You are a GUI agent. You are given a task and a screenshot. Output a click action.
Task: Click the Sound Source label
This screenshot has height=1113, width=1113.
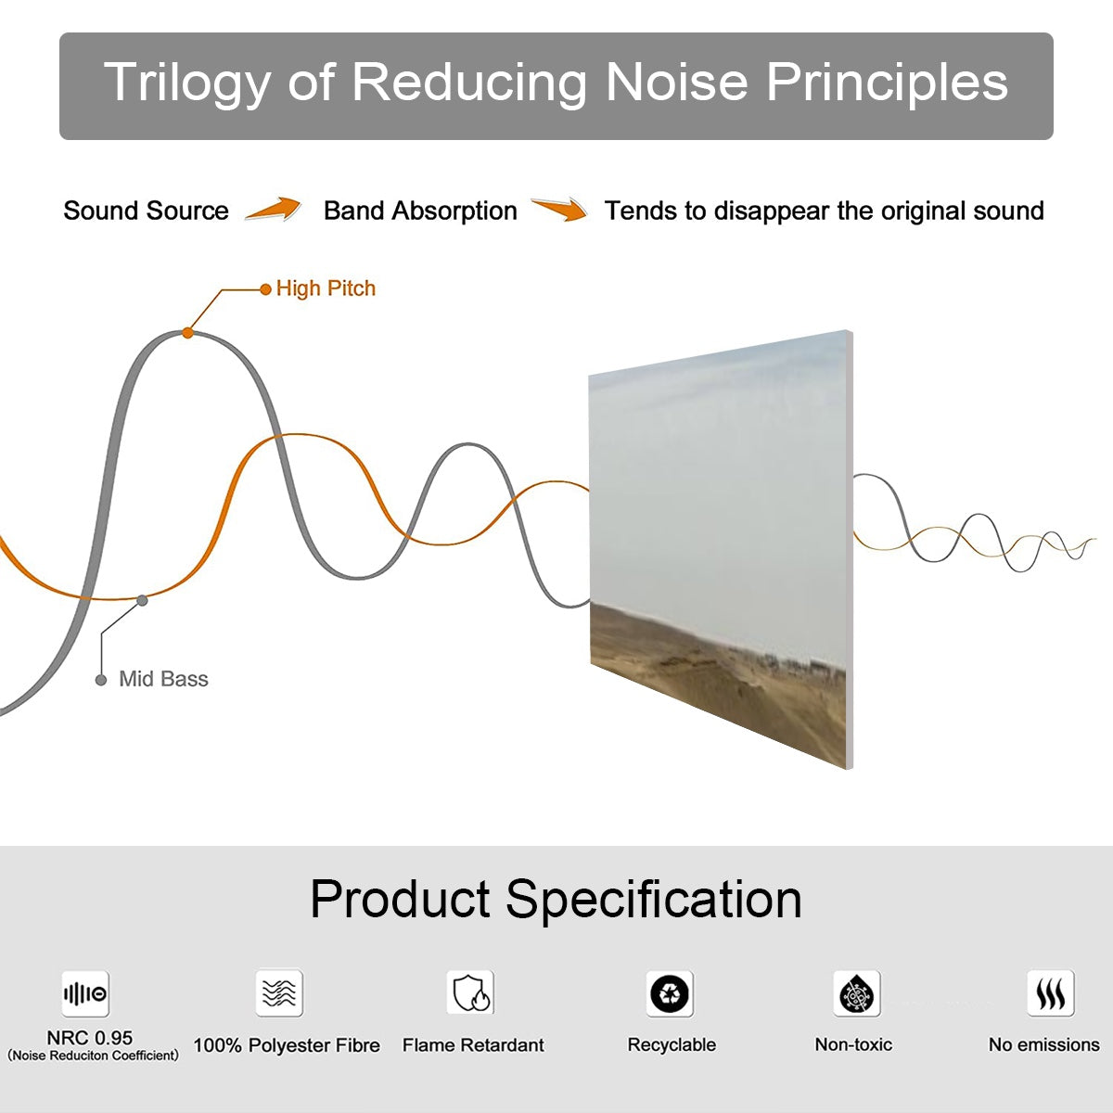point(146,211)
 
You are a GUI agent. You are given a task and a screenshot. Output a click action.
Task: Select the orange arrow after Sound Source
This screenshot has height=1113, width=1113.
point(274,210)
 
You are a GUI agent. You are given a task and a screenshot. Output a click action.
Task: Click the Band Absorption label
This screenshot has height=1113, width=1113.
point(420,211)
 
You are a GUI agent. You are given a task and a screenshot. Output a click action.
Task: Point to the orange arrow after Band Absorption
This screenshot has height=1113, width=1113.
point(559,210)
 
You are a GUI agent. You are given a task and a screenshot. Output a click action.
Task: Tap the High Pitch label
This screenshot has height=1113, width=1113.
point(326,288)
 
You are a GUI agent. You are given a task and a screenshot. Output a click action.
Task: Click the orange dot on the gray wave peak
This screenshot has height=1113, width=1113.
point(187,332)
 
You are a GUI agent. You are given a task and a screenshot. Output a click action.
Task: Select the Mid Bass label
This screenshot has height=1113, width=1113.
point(163,679)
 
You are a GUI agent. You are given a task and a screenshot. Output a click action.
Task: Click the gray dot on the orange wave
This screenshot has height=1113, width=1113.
point(142,600)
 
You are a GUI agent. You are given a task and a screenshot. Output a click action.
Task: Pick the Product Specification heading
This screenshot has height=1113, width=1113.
point(556,899)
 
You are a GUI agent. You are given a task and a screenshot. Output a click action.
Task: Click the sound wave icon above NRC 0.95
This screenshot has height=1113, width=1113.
point(85,994)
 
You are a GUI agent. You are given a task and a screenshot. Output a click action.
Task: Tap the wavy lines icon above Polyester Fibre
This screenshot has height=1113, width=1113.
point(279,993)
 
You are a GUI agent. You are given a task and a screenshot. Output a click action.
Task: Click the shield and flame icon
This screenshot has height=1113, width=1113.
point(471,993)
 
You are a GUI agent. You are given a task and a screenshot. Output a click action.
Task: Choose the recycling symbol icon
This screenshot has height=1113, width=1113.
point(670,993)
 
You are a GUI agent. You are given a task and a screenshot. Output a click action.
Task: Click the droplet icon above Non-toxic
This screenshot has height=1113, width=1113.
point(857,994)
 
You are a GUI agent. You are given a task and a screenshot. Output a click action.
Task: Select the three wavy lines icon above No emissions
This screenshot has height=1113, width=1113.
point(1050,993)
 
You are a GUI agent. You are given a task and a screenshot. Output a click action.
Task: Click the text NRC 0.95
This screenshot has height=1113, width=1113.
point(90,1038)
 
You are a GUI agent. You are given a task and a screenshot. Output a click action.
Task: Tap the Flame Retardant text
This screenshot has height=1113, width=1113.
point(473,1045)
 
